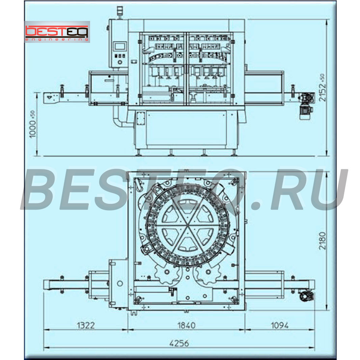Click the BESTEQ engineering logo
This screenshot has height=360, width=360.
pyautogui.click(x=57, y=32)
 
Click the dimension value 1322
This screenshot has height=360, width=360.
pyautogui.click(x=86, y=325)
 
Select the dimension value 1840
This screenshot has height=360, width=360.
pyautogui.click(x=187, y=325)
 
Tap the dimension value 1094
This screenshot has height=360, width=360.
pyautogui.click(x=280, y=325)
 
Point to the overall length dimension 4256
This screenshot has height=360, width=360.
pyautogui.click(x=179, y=343)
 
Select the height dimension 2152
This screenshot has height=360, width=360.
pyautogui.click(x=322, y=88)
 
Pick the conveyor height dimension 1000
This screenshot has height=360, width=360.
pyautogui.click(x=33, y=124)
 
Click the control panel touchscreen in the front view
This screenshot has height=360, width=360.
pyautogui.click(x=120, y=46)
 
